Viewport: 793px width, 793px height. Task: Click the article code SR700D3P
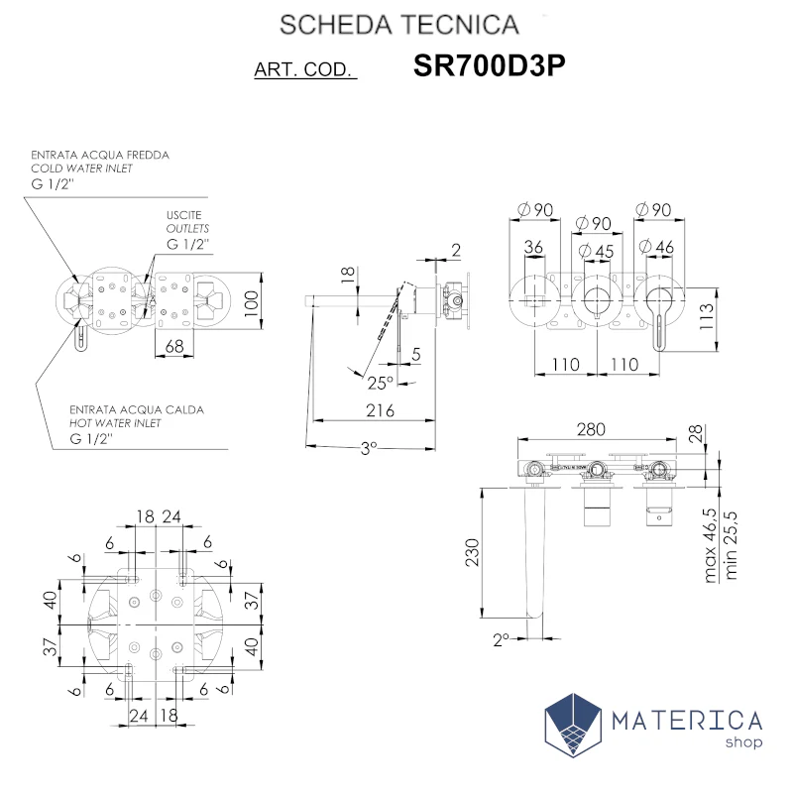(489, 65)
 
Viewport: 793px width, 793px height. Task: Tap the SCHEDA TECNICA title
(399, 25)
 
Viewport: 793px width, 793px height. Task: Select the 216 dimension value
(380, 410)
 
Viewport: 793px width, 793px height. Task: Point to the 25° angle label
(380, 383)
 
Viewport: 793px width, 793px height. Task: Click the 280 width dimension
(591, 429)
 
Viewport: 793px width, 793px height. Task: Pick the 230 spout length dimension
(472, 552)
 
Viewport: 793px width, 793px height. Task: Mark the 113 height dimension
(706, 316)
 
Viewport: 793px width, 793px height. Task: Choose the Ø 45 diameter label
(596, 251)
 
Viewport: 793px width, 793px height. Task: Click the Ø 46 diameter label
(656, 247)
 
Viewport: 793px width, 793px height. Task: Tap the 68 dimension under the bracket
(174, 346)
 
